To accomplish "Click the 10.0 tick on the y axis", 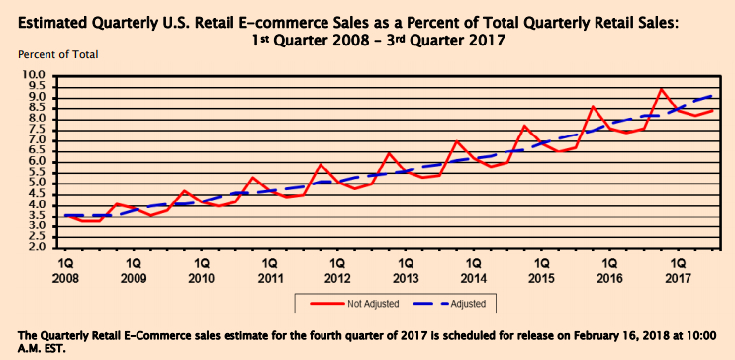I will pos(34,75).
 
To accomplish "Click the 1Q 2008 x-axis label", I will pos(66,270).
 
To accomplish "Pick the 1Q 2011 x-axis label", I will pos(270,270).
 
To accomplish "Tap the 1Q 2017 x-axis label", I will pos(679,270).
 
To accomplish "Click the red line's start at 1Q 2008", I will pos(66,215).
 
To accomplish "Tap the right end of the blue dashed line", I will pos(713,95).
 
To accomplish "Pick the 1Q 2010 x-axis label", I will pos(202,270).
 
